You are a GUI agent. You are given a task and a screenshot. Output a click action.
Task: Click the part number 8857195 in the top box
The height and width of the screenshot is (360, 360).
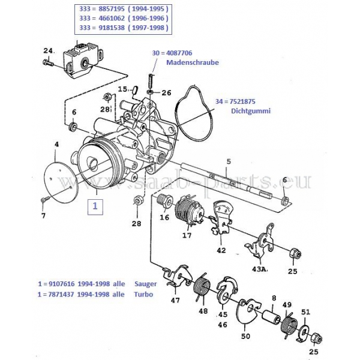pos(112,9)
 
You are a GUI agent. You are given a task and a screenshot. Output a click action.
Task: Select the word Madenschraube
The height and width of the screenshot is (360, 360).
pos(193,62)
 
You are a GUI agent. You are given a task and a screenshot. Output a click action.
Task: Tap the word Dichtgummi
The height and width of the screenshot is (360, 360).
pos(251,111)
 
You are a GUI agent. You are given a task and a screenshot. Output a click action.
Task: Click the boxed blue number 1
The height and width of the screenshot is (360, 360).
pos(95,206)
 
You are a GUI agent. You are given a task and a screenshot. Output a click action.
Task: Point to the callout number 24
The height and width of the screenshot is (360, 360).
pos(49,51)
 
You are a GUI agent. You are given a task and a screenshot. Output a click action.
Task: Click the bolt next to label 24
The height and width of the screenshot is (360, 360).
pos(48,62)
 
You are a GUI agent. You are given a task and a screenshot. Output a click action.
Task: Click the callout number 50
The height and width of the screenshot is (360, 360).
pos(245,337)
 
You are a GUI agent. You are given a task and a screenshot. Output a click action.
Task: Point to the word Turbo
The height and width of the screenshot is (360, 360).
pos(143,295)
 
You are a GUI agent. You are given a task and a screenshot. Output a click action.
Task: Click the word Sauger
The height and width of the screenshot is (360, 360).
pos(146,284)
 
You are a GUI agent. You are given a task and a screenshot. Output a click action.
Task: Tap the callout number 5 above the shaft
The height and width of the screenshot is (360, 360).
pos(229,161)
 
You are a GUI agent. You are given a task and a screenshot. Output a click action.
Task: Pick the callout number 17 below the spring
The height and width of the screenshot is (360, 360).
pos(187,235)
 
